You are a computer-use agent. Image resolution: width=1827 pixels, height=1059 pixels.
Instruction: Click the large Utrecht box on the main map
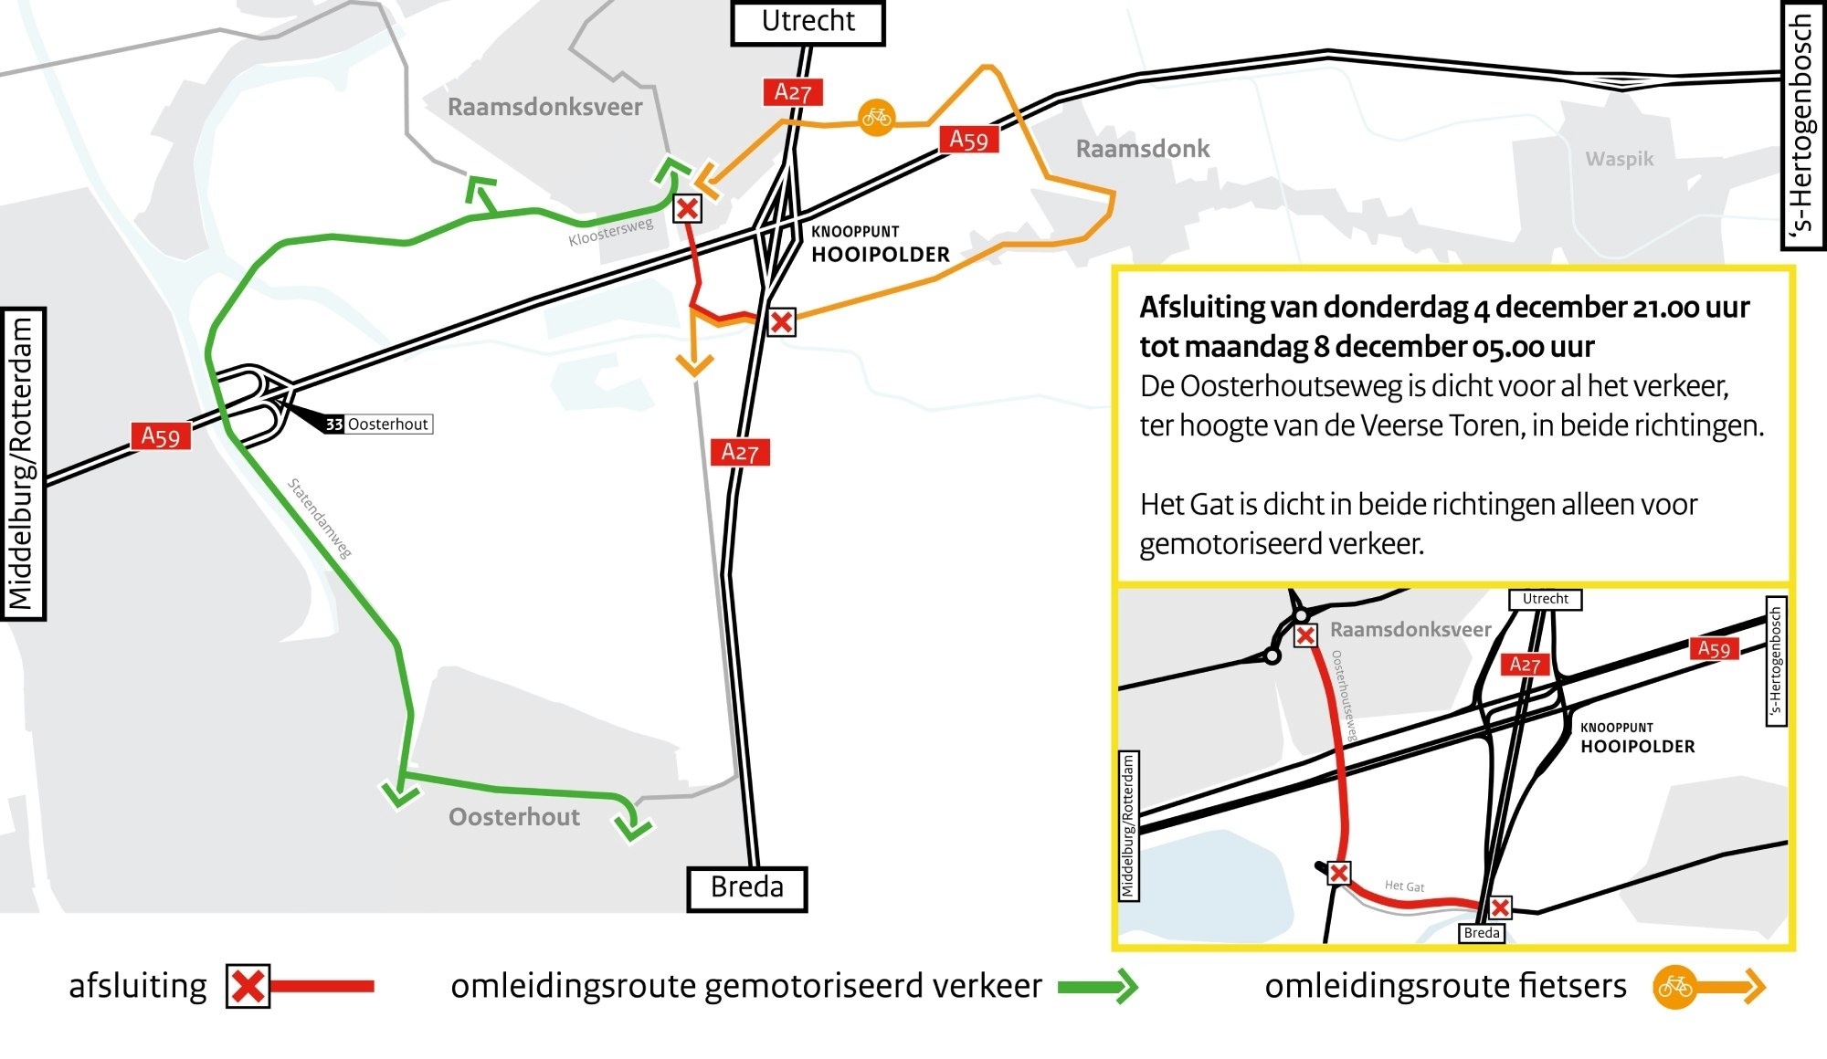[x=808, y=22]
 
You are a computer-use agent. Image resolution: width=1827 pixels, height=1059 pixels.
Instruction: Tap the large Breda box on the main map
[x=746, y=887]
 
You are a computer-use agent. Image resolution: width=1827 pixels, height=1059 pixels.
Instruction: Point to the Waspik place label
[x=1619, y=159]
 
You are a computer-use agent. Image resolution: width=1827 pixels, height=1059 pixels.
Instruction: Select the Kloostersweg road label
[x=610, y=232]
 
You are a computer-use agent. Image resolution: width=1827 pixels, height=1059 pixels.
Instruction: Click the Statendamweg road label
[x=320, y=518]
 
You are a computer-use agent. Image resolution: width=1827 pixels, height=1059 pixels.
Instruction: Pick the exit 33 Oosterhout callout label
[x=378, y=424]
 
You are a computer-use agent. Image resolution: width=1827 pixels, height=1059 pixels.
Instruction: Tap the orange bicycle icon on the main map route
[x=876, y=118]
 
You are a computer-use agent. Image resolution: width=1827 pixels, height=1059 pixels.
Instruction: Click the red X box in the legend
[x=248, y=986]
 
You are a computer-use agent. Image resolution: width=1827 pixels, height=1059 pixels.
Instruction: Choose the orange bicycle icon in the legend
[x=1674, y=987]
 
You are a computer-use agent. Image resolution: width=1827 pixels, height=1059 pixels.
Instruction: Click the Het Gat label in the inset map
[x=1404, y=886]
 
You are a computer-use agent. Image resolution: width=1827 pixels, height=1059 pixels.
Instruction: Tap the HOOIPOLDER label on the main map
[x=881, y=255]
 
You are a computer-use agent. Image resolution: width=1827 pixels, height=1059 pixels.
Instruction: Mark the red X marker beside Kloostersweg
[x=687, y=209]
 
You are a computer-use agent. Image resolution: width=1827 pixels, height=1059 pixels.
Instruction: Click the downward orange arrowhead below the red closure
[x=694, y=365]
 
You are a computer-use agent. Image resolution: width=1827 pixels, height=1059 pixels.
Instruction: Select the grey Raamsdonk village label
[x=1142, y=149]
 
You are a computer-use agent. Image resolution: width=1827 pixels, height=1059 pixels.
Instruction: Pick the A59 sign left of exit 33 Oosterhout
[x=160, y=436]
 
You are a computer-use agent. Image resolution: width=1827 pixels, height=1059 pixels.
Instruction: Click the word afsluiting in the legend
[x=138, y=987]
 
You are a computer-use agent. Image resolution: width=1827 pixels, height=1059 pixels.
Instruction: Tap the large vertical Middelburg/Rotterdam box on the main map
[x=22, y=464]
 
